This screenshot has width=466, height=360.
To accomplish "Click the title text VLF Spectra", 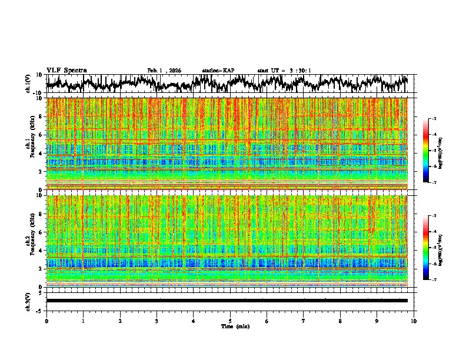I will (x=66, y=70).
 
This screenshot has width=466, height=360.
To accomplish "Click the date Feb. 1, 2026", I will (x=164, y=71).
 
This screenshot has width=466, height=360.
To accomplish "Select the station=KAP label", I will (x=218, y=71).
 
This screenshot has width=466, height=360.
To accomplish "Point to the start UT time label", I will (x=284, y=71).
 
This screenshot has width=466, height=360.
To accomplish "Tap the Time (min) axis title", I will (x=234, y=326).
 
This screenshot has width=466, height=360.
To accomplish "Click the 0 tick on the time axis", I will (x=46, y=321).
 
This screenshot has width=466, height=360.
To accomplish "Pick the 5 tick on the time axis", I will (x=230, y=321).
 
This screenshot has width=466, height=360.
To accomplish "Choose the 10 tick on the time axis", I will (x=414, y=321).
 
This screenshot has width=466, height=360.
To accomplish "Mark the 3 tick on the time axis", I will (x=157, y=321).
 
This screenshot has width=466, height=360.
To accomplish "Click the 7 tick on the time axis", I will (x=304, y=321).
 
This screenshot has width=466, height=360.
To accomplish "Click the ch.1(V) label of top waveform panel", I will (x=28, y=84).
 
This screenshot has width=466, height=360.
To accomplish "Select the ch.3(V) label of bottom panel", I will (x=28, y=301).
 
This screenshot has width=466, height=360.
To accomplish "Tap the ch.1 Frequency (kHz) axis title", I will (x=31, y=144).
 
